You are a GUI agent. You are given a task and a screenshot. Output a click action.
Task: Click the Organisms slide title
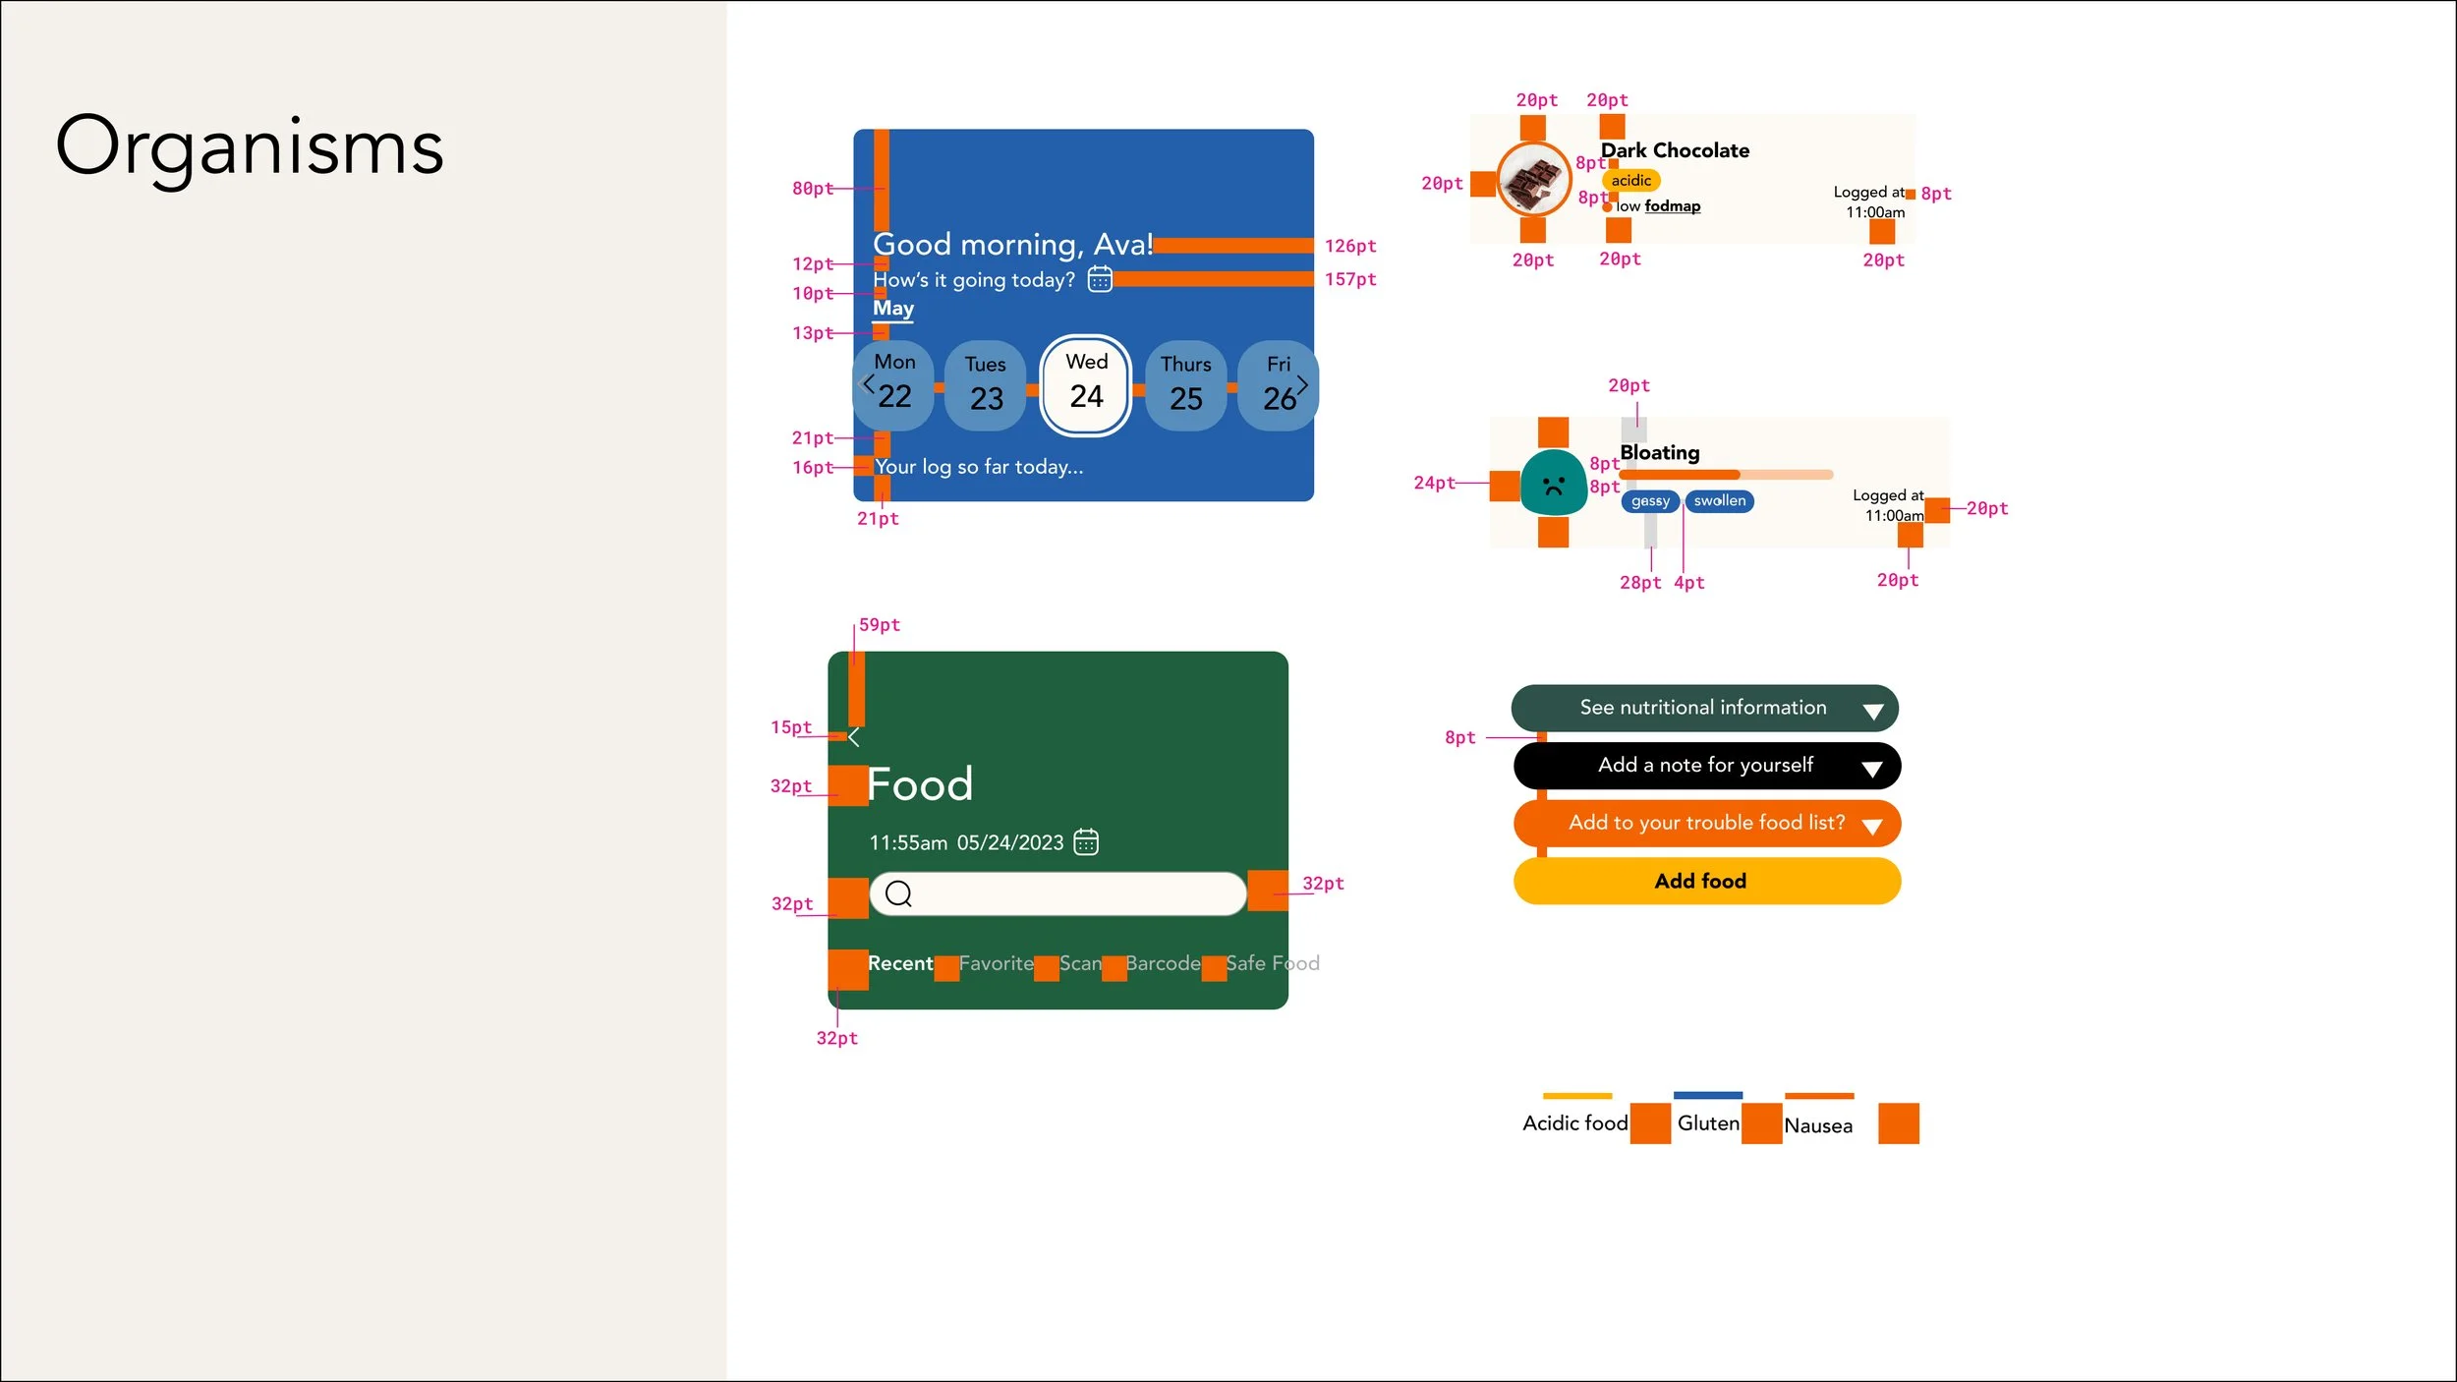[x=250, y=147]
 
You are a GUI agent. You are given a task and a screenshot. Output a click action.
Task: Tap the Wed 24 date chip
[x=1086, y=384]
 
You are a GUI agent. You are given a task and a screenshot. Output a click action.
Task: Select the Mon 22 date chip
[x=894, y=384]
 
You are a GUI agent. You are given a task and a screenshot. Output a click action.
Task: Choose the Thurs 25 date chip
[x=1186, y=384]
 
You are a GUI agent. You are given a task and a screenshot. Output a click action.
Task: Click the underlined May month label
[x=893, y=308]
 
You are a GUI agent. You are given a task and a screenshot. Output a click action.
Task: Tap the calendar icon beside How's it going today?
[x=1100, y=280]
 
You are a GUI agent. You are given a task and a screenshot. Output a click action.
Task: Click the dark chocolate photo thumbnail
[x=1533, y=180]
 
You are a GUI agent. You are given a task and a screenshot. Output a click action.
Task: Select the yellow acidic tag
[x=1631, y=181]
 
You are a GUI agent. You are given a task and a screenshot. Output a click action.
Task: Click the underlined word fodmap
[x=1673, y=206]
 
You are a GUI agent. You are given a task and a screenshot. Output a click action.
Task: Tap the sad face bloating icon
[x=1553, y=484]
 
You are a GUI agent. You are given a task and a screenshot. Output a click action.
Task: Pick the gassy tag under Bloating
[x=1650, y=501]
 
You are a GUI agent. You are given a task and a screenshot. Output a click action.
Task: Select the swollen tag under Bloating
[x=1720, y=501]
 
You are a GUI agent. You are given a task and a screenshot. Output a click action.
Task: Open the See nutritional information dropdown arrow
[x=1873, y=712]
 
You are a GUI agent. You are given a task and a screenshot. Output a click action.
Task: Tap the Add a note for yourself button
[x=1706, y=766]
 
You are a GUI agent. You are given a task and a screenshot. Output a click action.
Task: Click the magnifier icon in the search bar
[x=898, y=893]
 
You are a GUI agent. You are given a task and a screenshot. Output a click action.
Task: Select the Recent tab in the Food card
[x=900, y=963]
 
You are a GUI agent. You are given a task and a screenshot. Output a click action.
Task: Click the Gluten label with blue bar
[x=1708, y=1123]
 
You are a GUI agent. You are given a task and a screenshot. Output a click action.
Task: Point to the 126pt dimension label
[x=1350, y=247]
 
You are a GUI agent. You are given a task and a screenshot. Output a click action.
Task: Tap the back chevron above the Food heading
[x=854, y=736]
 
